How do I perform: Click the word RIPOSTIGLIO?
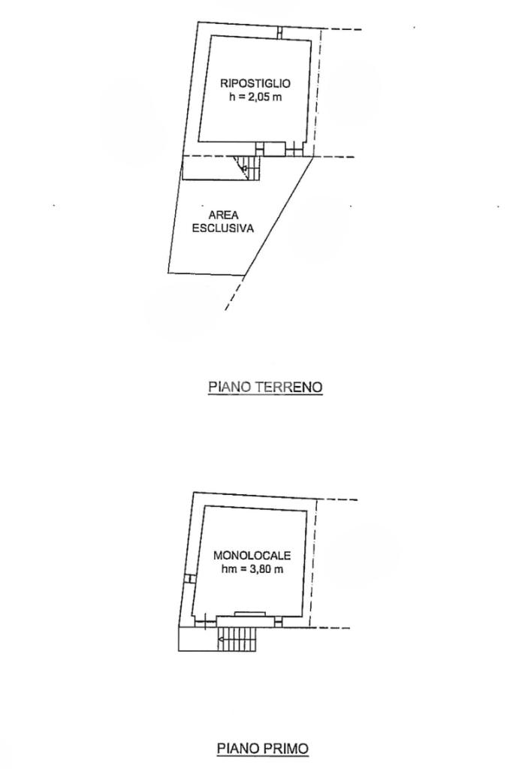point(255,84)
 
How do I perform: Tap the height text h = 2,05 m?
point(255,98)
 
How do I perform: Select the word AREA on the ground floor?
point(223,216)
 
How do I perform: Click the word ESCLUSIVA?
point(223,228)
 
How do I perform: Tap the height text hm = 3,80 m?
point(252,570)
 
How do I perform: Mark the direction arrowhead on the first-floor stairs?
point(220,640)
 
